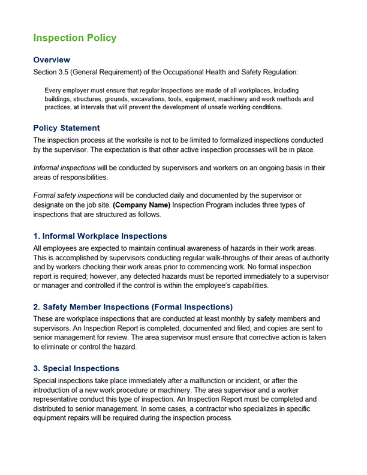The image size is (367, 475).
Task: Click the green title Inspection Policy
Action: coord(75,38)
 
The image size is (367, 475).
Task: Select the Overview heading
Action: coord(52,60)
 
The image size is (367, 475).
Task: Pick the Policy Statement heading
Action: coord(67,128)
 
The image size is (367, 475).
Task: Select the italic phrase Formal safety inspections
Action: coord(73,196)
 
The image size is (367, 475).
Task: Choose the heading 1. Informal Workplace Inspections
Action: coord(100,236)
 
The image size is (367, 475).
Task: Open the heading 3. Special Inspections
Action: coord(76,368)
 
